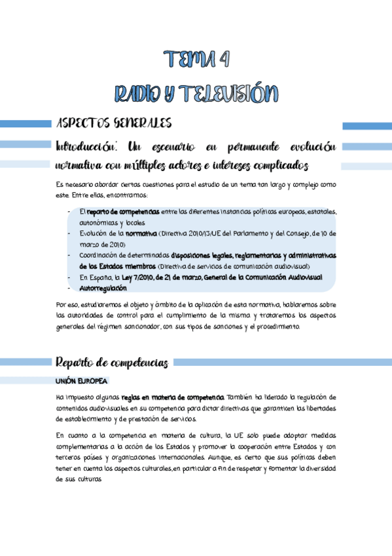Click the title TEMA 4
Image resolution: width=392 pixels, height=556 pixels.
point(196,60)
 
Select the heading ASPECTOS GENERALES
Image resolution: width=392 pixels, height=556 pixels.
point(114,123)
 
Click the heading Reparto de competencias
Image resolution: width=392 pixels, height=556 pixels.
point(112,362)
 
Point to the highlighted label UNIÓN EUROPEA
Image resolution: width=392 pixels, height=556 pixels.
point(81,381)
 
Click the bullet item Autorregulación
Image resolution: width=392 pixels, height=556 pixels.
point(103,288)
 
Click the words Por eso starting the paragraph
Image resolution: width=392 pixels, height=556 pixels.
point(67,305)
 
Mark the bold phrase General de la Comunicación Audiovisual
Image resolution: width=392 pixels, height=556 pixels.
point(262,277)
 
